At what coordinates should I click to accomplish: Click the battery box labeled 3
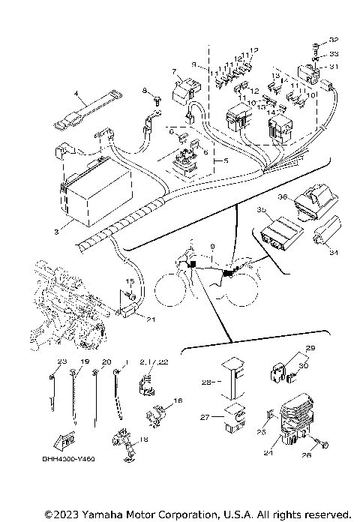click(x=94, y=196)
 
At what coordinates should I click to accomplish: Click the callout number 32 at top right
click(x=334, y=39)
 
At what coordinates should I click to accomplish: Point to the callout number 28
click(x=207, y=382)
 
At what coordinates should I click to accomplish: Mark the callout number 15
click(x=129, y=281)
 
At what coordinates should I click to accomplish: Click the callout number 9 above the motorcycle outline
click(x=212, y=246)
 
